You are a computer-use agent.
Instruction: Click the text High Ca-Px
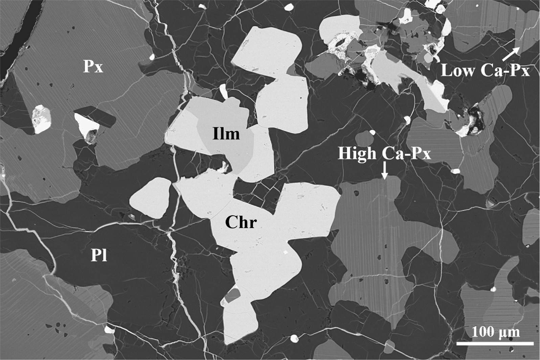[384, 154]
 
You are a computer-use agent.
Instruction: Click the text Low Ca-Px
[485, 71]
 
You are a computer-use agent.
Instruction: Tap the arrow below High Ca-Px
[385, 171]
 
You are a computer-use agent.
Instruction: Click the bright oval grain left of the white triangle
[41, 118]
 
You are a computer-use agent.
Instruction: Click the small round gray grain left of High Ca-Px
[364, 139]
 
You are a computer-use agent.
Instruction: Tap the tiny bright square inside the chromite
[285, 252]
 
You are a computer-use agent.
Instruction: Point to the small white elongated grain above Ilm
[223, 91]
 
